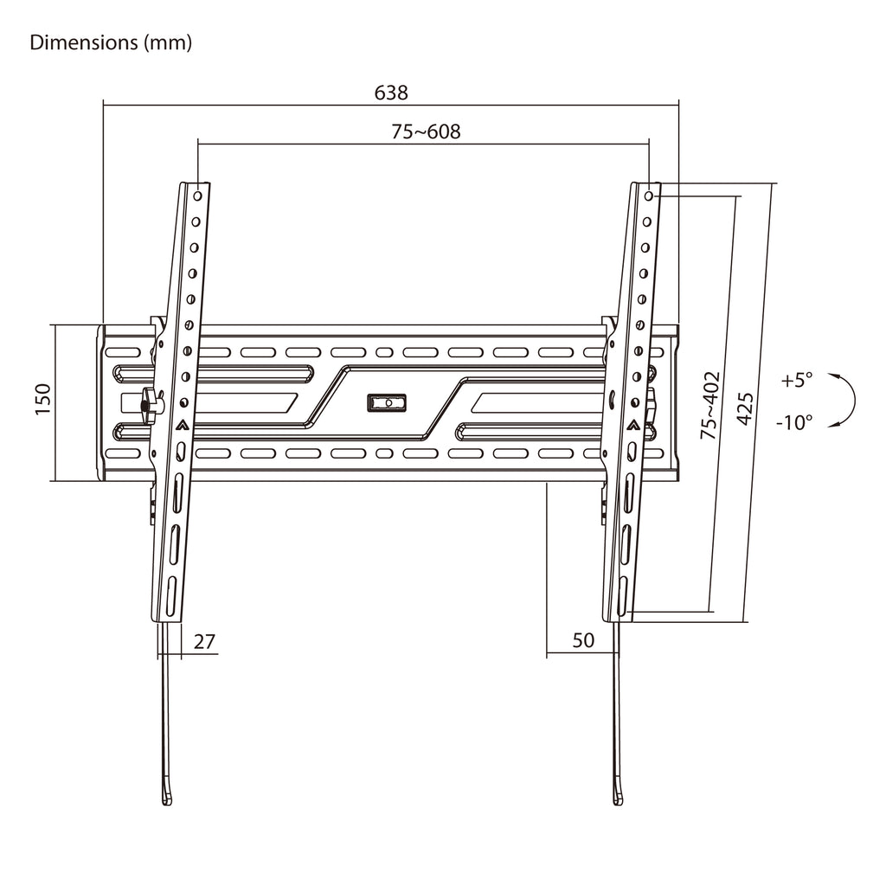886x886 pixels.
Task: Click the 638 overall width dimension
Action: click(x=391, y=92)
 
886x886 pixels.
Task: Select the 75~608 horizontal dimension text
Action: click(x=426, y=132)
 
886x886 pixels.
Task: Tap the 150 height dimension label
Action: click(x=43, y=399)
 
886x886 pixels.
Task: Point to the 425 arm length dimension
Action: click(x=745, y=408)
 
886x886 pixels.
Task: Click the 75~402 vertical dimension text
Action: click(x=709, y=405)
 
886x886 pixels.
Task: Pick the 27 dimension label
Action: click(x=204, y=642)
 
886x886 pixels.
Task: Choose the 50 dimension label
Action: click(x=583, y=640)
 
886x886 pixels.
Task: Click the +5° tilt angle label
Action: click(x=797, y=380)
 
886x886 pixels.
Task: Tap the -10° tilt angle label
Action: click(x=794, y=421)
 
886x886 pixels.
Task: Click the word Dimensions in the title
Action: click(x=84, y=42)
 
